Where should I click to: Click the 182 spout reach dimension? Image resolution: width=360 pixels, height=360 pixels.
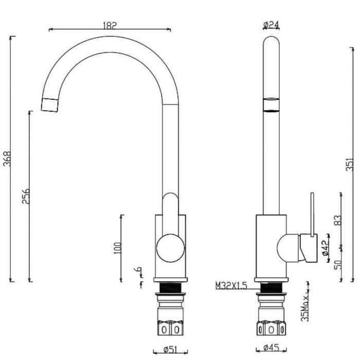(x=110, y=26)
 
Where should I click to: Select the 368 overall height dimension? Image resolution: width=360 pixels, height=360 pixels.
(x=7, y=158)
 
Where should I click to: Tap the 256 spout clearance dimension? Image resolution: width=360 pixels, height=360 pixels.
(x=26, y=196)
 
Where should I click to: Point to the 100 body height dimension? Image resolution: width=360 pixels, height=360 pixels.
(x=117, y=248)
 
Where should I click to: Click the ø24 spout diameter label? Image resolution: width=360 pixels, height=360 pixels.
(x=271, y=25)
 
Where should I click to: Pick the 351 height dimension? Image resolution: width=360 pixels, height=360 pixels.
(x=349, y=164)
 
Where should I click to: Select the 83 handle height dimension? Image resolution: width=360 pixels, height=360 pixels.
(x=338, y=221)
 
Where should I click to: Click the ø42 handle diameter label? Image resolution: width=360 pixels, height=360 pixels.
(x=325, y=248)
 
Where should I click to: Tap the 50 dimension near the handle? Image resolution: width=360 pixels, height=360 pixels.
(x=338, y=264)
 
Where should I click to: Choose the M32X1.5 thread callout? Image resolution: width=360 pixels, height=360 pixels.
(x=231, y=285)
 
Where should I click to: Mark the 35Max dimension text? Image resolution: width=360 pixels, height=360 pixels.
(x=305, y=308)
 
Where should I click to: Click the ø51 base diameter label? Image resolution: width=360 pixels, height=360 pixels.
(x=170, y=349)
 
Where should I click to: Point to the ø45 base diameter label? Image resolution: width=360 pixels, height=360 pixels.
(x=271, y=348)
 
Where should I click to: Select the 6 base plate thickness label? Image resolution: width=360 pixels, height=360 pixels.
(x=138, y=269)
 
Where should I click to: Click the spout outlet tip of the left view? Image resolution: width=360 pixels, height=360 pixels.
(x=49, y=105)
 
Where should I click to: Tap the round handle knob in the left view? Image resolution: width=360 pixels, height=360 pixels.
(x=170, y=248)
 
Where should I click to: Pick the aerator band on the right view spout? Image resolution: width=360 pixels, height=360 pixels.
(x=271, y=105)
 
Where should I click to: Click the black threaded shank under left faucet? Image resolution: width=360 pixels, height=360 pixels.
(x=170, y=288)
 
